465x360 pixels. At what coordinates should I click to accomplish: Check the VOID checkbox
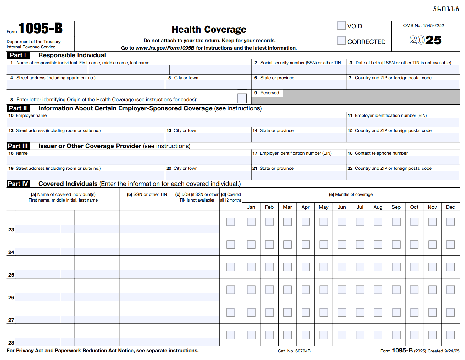pyautogui.click(x=341, y=25)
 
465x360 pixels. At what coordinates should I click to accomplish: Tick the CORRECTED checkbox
pyautogui.click(x=341, y=41)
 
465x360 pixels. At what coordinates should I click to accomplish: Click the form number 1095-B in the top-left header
pyautogui.click(x=41, y=28)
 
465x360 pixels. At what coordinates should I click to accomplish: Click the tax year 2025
pyautogui.click(x=425, y=40)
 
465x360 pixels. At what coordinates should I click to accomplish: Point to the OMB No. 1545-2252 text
pyautogui.click(x=423, y=25)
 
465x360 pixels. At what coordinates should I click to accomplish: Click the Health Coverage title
pyautogui.click(x=209, y=30)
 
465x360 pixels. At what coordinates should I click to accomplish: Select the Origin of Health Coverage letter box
pyautogui.click(x=242, y=98)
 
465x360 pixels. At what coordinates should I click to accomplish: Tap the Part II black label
pyautogui.click(x=18, y=108)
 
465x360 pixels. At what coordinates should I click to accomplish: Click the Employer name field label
pyautogui.click(x=31, y=115)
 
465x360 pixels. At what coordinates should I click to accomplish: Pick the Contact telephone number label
pyautogui.click(x=381, y=153)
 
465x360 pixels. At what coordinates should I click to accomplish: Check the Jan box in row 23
pyautogui.click(x=251, y=222)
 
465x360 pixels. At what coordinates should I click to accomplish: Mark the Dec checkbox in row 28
pyautogui.click(x=451, y=335)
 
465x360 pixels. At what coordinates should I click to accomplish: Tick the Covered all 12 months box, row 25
pyautogui.click(x=230, y=267)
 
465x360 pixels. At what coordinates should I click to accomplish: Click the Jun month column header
pyautogui.click(x=342, y=207)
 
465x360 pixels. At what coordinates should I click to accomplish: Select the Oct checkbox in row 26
pyautogui.click(x=414, y=290)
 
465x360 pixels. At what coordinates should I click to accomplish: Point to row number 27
pyautogui.click(x=11, y=320)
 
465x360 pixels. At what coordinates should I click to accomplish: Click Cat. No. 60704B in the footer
pyautogui.click(x=294, y=351)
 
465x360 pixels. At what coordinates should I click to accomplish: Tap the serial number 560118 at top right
pyautogui.click(x=446, y=9)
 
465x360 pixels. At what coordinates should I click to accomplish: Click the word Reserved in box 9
pyautogui.click(x=269, y=93)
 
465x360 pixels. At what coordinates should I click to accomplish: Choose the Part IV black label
pyautogui.click(x=18, y=184)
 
